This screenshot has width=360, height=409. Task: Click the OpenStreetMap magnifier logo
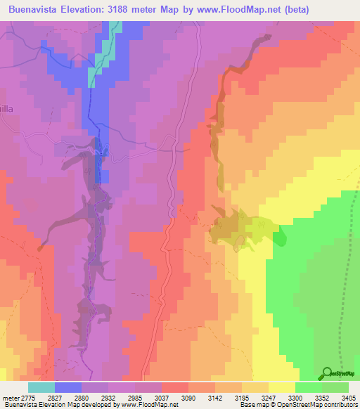click(326, 372)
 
